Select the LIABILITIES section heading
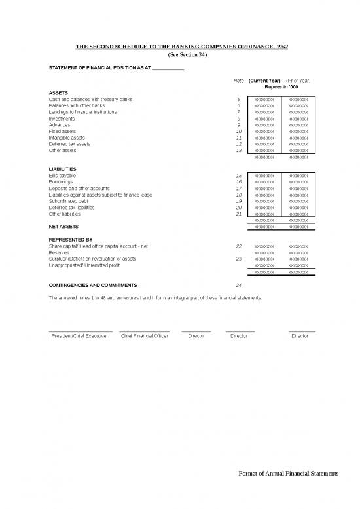click(63, 169)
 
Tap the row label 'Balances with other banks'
click(77, 105)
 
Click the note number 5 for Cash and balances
click(239, 100)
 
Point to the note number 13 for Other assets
click(239, 151)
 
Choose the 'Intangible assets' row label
click(67, 138)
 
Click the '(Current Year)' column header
click(264, 81)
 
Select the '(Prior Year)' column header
click(298, 81)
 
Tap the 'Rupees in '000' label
click(281, 87)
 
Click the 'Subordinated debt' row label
click(69, 201)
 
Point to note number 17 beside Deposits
click(239, 189)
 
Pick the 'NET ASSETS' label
click(63, 227)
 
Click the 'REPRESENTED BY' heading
click(71, 240)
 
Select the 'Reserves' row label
click(60, 252)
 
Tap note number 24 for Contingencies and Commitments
click(239, 286)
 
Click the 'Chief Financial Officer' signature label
click(145, 336)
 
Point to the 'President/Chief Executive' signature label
click(79, 336)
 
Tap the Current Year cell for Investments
click(264, 119)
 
